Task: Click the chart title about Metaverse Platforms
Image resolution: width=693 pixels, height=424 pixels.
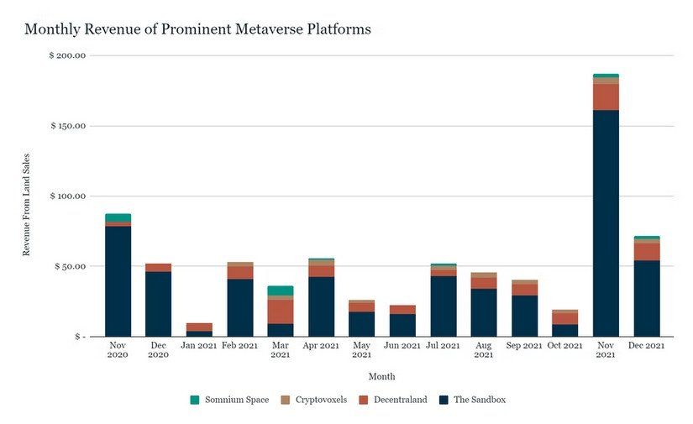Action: (x=197, y=29)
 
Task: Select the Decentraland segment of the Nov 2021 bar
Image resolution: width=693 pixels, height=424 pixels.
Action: (x=606, y=97)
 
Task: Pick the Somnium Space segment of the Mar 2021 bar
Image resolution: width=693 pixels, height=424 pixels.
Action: (x=281, y=291)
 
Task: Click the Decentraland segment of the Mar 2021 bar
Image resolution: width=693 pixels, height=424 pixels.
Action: (x=281, y=311)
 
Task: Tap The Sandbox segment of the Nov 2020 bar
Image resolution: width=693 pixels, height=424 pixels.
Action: (x=118, y=281)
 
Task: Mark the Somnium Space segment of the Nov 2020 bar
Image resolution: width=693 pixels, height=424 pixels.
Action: (x=118, y=217)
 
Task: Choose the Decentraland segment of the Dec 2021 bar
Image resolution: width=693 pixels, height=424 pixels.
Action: (x=646, y=251)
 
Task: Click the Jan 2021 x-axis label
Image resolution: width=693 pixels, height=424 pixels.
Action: (x=199, y=346)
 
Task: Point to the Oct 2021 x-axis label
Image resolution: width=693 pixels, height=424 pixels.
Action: (x=564, y=346)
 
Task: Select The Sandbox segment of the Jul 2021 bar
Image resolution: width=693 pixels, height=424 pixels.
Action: (x=444, y=306)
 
